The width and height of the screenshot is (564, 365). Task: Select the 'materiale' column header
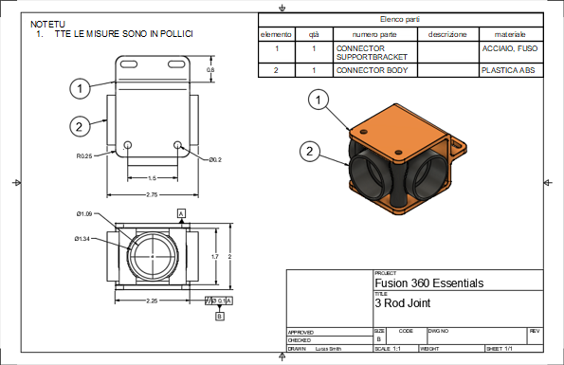(x=509, y=34)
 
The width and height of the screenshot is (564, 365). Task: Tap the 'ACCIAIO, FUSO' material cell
(x=512, y=46)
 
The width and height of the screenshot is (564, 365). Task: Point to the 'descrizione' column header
(x=447, y=34)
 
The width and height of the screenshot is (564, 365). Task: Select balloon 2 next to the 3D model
(x=310, y=150)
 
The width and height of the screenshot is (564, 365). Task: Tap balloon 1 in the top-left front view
(x=82, y=87)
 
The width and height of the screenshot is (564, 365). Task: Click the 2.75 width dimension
(x=152, y=194)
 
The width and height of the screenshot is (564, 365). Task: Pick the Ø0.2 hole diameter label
(x=214, y=159)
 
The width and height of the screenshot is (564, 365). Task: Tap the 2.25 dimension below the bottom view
(x=152, y=301)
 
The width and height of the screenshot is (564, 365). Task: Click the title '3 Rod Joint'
(x=398, y=305)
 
